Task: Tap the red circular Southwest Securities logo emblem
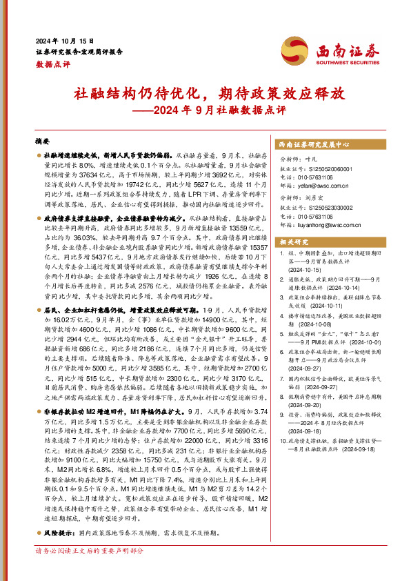click(294, 50)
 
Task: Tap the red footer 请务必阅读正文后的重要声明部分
click(90, 570)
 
